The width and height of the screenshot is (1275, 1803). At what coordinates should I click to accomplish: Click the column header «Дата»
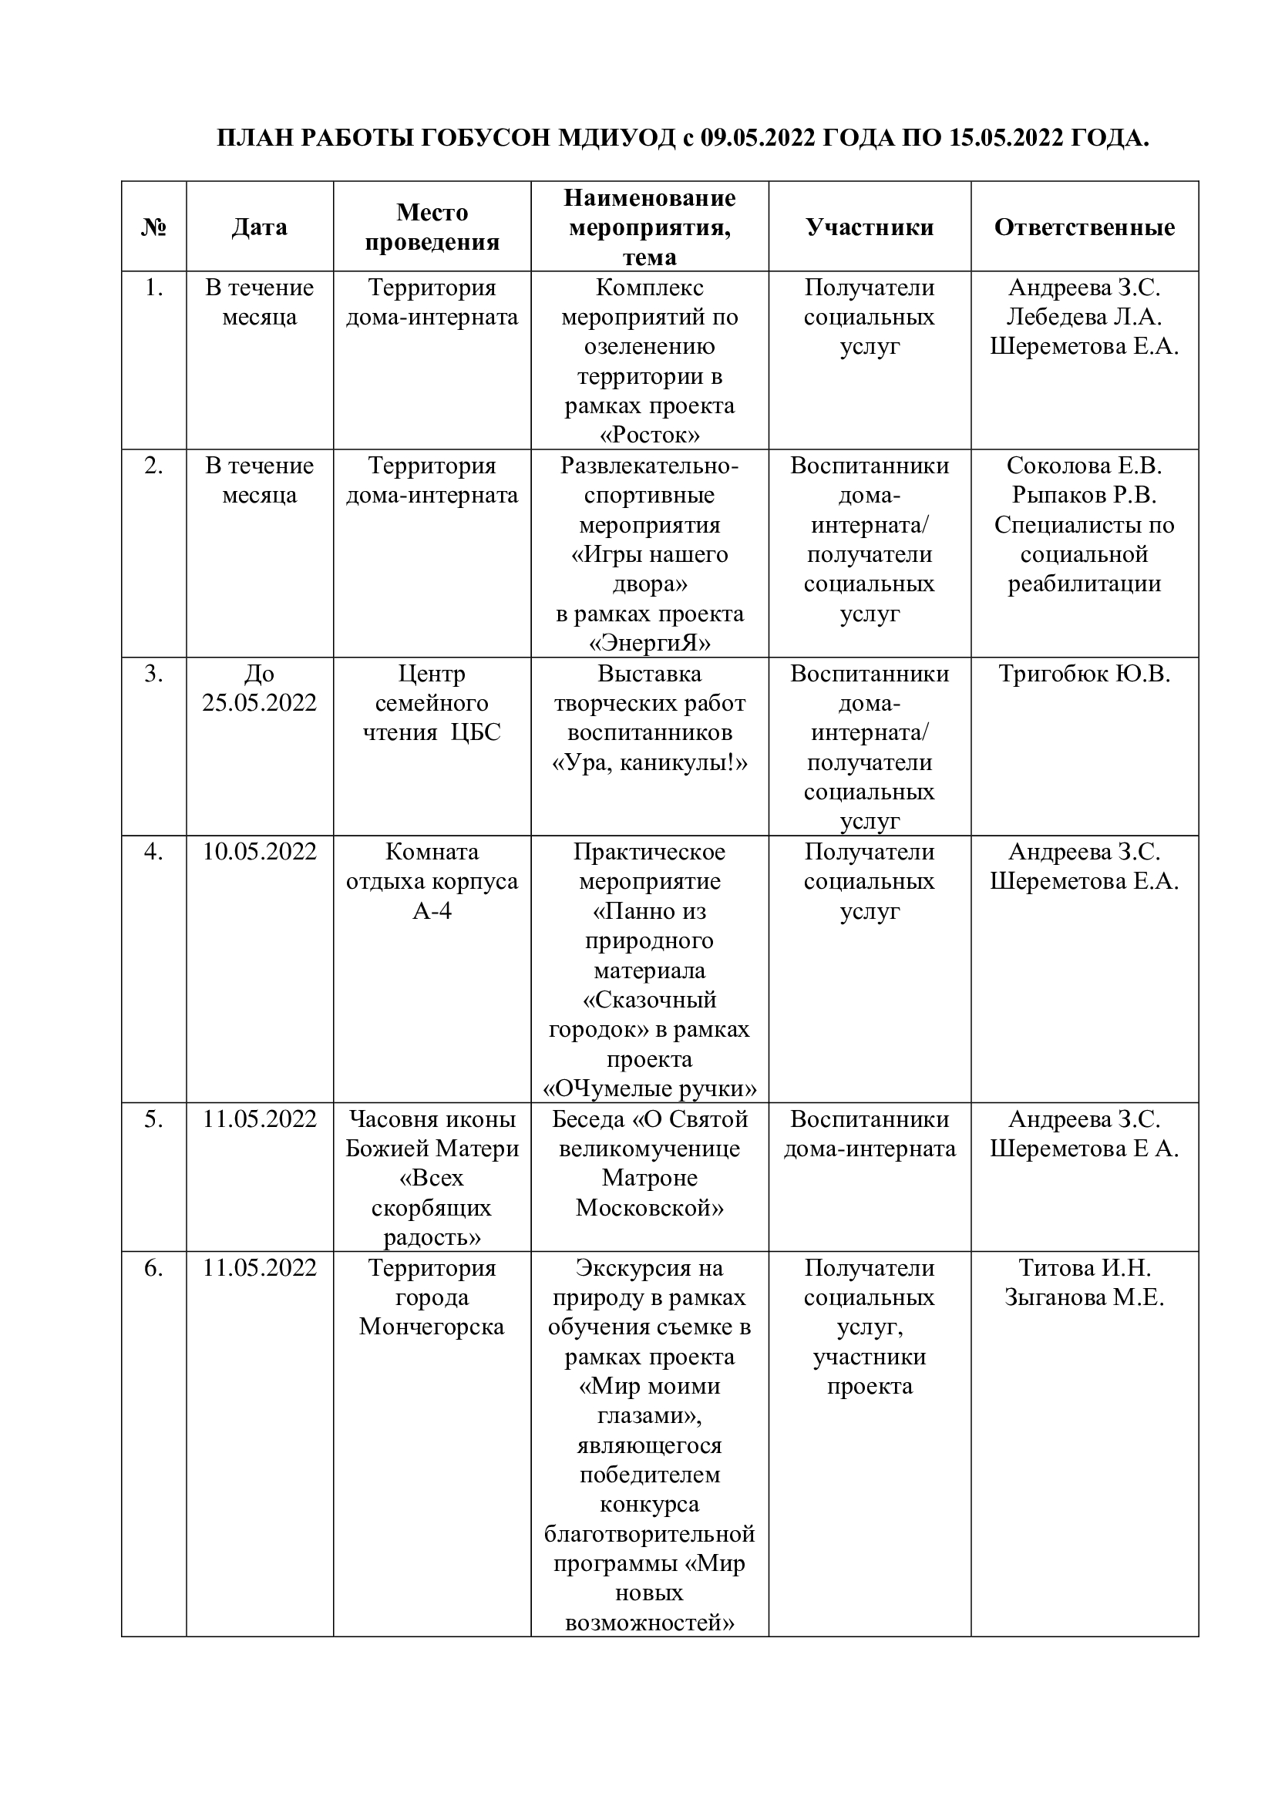click(259, 227)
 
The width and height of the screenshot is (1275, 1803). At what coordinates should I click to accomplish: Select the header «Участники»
click(869, 227)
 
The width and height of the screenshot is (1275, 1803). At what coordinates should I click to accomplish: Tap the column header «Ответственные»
click(1085, 227)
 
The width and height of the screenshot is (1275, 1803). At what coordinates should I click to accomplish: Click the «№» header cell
click(154, 227)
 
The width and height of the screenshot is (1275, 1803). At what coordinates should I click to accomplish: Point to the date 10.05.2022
click(259, 851)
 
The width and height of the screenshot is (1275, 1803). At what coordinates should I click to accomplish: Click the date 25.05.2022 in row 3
click(259, 703)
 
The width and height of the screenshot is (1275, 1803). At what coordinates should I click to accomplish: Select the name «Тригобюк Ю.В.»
click(1085, 674)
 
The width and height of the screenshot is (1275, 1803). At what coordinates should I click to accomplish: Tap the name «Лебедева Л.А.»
click(1085, 318)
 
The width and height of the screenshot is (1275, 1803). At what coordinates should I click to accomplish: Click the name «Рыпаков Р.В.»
click(1085, 496)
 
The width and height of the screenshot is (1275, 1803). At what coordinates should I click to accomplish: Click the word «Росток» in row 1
click(649, 435)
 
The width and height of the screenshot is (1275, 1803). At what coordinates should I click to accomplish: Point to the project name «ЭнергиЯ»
click(649, 644)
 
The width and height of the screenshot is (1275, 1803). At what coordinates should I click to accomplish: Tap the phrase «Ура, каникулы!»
click(649, 762)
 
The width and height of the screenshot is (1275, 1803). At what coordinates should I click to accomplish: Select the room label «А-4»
click(432, 911)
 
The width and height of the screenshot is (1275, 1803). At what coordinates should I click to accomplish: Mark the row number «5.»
click(154, 1119)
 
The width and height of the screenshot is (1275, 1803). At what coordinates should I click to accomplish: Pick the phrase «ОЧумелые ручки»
click(649, 1089)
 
